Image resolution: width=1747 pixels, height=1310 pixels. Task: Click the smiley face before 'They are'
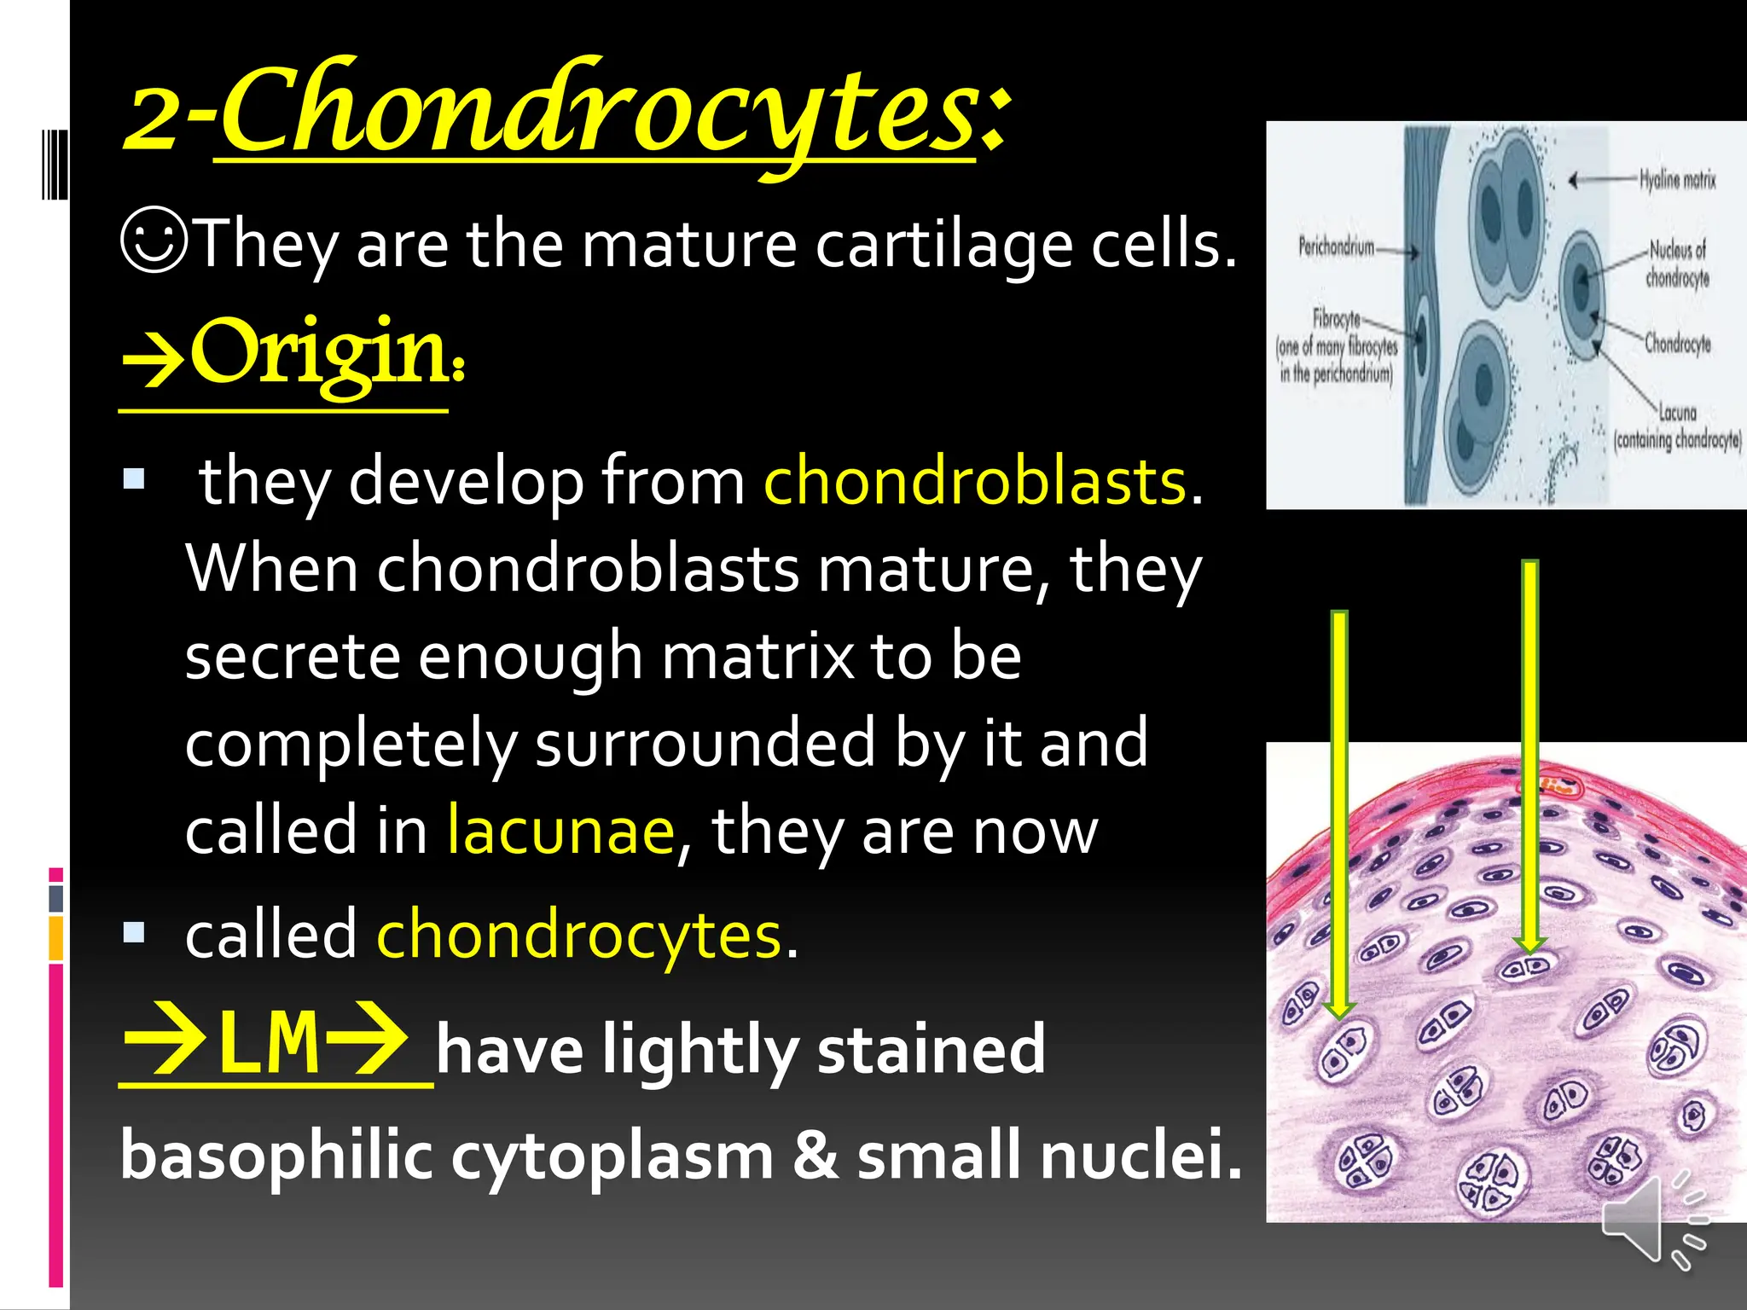[154, 241]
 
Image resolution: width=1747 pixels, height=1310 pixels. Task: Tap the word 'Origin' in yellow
[317, 352]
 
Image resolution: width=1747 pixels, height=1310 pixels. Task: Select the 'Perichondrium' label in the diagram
[1336, 247]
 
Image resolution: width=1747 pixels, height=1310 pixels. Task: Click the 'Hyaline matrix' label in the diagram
[1677, 179]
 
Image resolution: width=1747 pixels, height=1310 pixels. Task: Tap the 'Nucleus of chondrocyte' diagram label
[1677, 264]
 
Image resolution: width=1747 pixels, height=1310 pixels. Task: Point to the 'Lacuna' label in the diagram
[1677, 413]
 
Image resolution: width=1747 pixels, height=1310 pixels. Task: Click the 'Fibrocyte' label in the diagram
[1336, 319]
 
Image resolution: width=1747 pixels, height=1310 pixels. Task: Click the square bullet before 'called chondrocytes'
[134, 932]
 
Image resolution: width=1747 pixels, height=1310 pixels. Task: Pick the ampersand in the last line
[815, 1156]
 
